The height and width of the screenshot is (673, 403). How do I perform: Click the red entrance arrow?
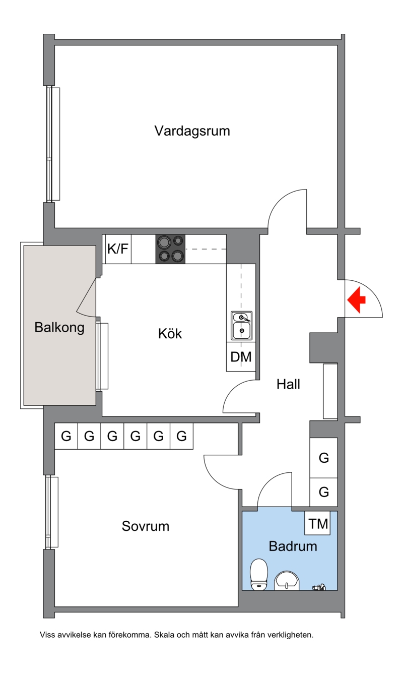(x=357, y=300)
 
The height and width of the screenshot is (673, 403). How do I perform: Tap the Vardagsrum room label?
(x=192, y=131)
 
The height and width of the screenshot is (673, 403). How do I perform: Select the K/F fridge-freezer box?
(x=118, y=249)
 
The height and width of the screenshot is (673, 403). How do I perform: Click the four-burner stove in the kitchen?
(x=170, y=249)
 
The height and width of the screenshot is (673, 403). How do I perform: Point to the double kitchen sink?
(x=241, y=326)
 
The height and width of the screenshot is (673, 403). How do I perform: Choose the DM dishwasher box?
(x=241, y=356)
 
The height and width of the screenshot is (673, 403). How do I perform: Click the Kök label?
(x=170, y=334)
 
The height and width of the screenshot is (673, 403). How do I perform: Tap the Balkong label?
(x=59, y=328)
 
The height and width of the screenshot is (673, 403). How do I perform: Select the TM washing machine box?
(x=318, y=523)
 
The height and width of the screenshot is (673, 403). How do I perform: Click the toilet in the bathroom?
(x=259, y=574)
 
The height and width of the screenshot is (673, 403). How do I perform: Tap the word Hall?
(x=288, y=384)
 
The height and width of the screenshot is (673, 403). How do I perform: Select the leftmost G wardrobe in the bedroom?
(x=66, y=436)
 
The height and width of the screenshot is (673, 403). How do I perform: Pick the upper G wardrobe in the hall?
(x=324, y=458)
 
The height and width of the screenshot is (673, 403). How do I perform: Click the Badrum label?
(x=293, y=546)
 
